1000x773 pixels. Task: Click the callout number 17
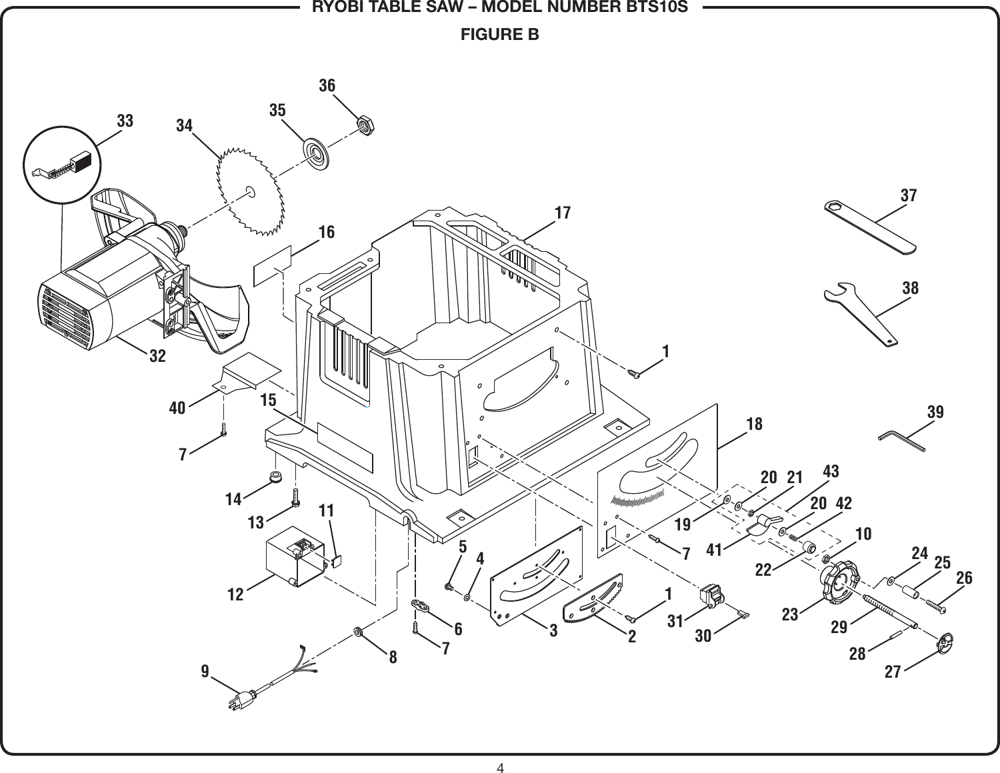(x=563, y=213)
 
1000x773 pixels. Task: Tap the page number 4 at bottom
(x=500, y=767)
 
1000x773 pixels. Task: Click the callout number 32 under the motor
(x=157, y=356)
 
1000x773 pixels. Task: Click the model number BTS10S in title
(x=659, y=9)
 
